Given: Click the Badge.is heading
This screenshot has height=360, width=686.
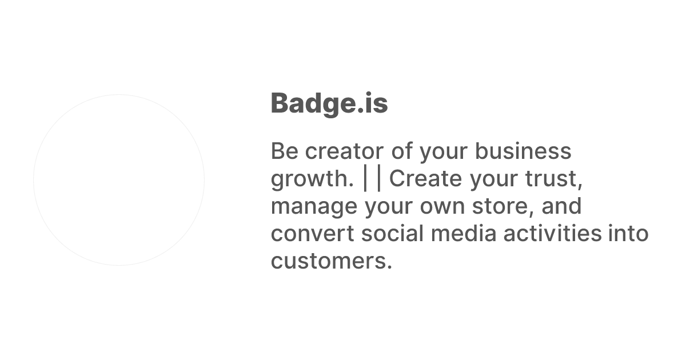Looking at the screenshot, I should (x=329, y=103).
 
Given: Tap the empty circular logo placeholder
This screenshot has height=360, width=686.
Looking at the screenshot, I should (x=119, y=180).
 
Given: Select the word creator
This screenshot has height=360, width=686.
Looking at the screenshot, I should (x=344, y=151).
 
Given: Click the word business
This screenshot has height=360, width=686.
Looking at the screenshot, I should (x=523, y=151).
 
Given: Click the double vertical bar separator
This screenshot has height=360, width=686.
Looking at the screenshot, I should (x=372, y=179).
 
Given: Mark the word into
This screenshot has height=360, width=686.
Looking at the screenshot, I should (x=628, y=234).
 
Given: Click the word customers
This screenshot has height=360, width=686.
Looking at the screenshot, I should (x=332, y=261).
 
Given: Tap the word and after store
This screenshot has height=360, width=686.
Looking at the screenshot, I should (x=561, y=206).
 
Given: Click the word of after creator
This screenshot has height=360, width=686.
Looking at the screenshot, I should (x=402, y=151).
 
